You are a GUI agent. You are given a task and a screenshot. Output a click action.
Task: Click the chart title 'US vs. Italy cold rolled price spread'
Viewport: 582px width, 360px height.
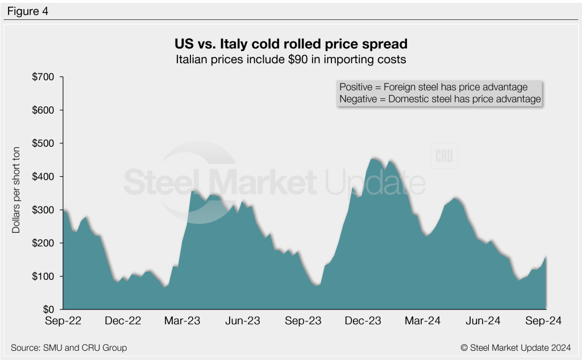pyautogui.click(x=290, y=44)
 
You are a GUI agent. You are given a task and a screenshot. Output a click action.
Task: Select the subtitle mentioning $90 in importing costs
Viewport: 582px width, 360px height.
pyautogui.click(x=290, y=59)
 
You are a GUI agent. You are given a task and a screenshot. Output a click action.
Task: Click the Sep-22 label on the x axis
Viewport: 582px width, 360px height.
pyautogui.click(x=63, y=321)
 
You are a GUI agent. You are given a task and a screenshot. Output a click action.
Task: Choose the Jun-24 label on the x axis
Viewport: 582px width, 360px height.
pyautogui.click(x=483, y=321)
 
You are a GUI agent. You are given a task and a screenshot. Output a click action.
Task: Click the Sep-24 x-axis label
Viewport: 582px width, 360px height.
pyautogui.click(x=543, y=321)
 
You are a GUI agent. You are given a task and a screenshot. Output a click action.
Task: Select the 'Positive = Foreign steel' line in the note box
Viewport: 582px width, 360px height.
pyautogui.click(x=434, y=87)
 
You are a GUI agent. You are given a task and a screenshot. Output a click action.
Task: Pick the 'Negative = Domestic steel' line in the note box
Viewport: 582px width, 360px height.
pyautogui.click(x=439, y=99)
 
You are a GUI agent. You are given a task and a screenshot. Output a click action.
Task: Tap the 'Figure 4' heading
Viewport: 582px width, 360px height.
pyautogui.click(x=27, y=11)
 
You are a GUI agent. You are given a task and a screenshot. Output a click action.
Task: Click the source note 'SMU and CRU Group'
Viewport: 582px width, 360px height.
pyautogui.click(x=69, y=347)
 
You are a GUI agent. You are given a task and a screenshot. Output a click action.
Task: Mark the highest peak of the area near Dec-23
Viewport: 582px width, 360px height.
pyautogui.click(x=373, y=159)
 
